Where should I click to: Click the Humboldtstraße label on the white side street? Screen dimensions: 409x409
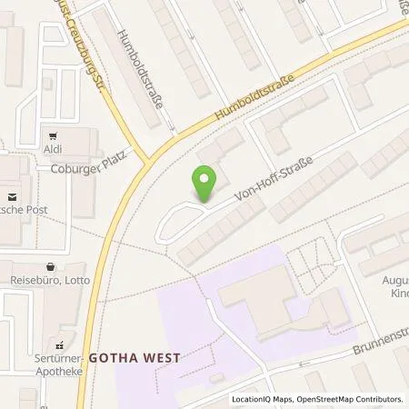(x=140, y=68)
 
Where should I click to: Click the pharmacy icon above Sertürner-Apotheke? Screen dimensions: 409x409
(x=60, y=345)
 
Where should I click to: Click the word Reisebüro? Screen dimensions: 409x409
(x=33, y=281)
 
